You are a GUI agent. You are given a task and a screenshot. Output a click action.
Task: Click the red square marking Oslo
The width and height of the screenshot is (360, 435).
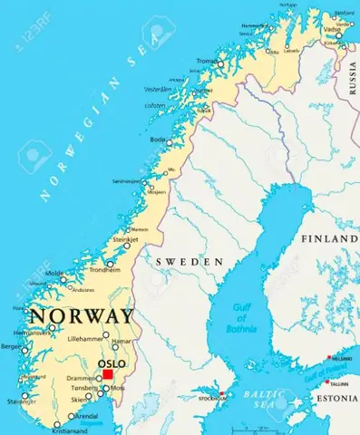click(x=108, y=373)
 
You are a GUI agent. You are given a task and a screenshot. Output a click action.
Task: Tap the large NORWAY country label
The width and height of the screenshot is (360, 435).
click(x=82, y=318)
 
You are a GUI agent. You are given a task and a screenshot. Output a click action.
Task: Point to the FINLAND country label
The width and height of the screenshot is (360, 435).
click(x=329, y=238)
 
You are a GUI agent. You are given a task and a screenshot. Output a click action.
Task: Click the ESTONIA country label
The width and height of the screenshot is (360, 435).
click(x=336, y=397)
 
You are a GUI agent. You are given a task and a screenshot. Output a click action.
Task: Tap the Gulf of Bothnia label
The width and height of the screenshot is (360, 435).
click(x=241, y=318)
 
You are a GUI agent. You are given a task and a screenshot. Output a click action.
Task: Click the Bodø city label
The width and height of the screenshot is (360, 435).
click(x=158, y=140)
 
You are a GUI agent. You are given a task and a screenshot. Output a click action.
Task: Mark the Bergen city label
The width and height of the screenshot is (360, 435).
click(x=11, y=346)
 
